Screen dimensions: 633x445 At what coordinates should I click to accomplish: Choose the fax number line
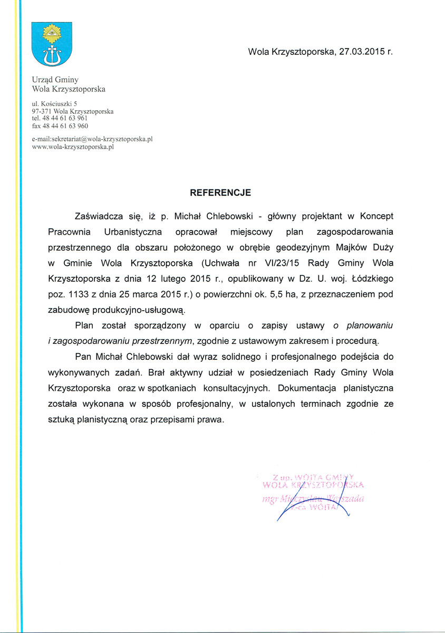coord(60,127)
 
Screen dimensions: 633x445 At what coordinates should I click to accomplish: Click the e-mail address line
coord(92,139)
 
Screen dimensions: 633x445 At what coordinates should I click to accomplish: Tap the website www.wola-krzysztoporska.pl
coord(73,147)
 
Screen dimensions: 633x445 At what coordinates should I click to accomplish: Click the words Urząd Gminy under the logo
coord(55,80)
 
